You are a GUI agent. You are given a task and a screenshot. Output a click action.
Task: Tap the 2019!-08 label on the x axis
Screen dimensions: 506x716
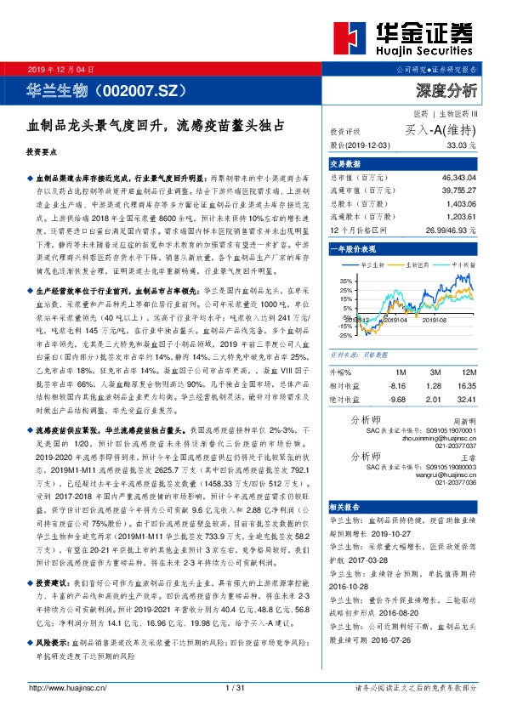(435, 320)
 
